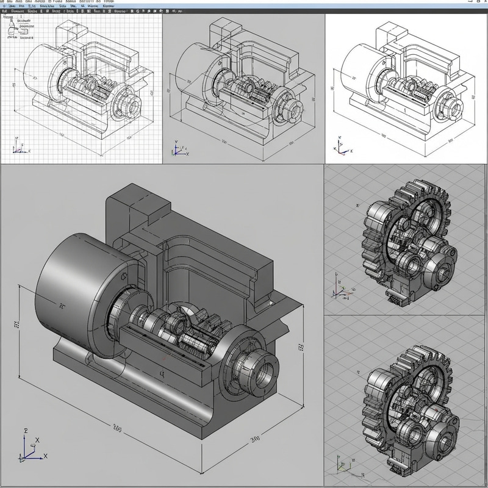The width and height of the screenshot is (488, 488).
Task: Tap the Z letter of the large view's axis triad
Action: (26, 431)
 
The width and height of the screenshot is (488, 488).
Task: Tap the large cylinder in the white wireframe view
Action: (360, 67)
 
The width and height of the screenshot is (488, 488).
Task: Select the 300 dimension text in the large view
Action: (256, 439)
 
